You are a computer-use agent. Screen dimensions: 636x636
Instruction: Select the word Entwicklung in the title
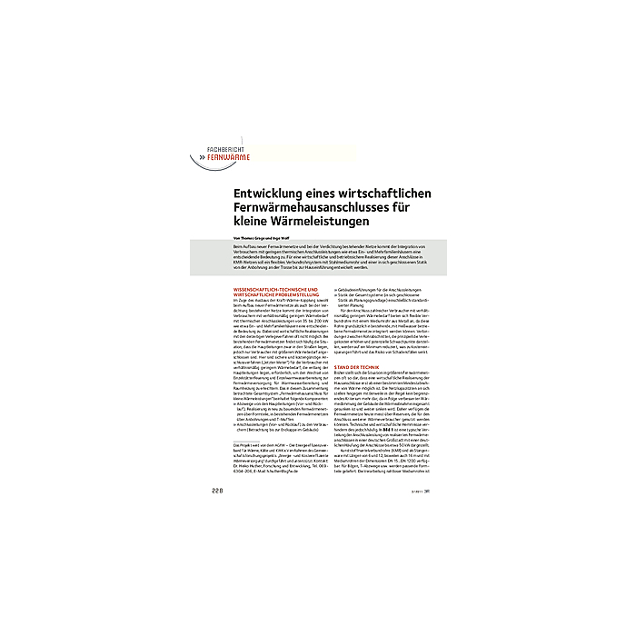(x=265, y=194)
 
